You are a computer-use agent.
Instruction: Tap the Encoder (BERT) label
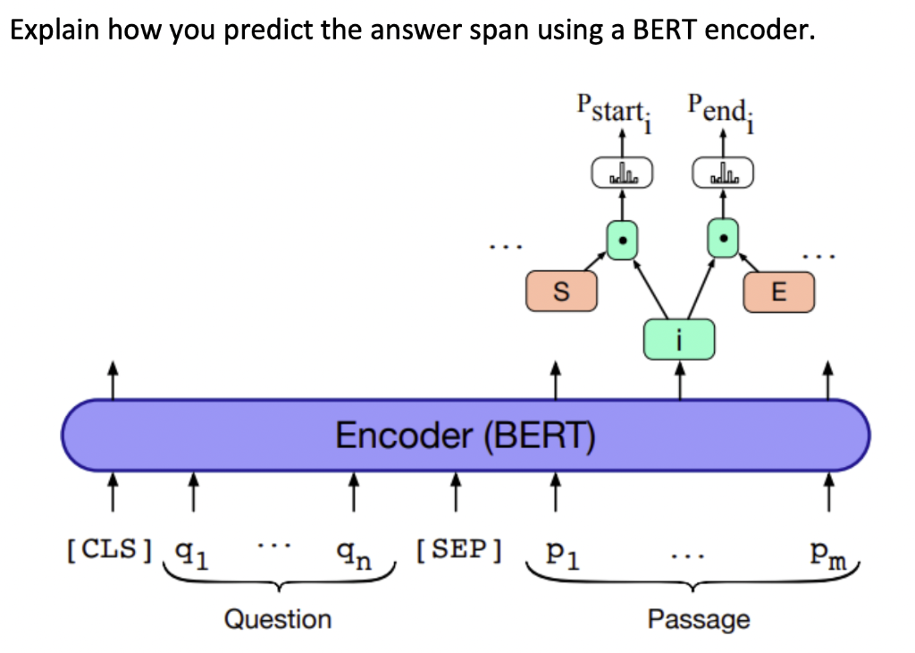coord(466,436)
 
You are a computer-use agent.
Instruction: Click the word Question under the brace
coord(277,618)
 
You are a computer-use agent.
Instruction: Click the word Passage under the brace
coord(699,618)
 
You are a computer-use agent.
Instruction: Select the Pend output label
coord(719,110)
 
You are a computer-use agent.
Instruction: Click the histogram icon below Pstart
coord(623,173)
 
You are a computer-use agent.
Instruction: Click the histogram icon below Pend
coord(723,173)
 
